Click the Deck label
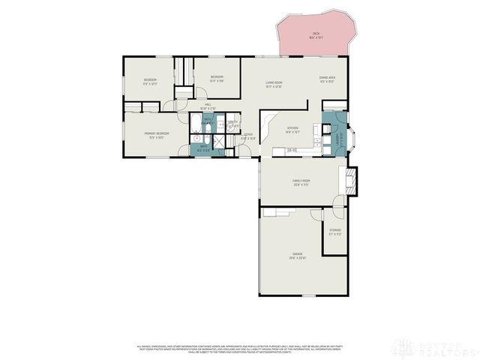pos(316,34)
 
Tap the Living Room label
pos(273,84)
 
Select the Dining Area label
pos(327,79)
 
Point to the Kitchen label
pos(293,130)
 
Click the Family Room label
pos(301,182)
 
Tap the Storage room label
pos(335,232)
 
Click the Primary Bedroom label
pos(157,135)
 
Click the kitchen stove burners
pos(292,151)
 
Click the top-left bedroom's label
pos(150,82)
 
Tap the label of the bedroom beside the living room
pos(217,79)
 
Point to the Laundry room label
pos(337,136)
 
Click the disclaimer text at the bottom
pos(240,349)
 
